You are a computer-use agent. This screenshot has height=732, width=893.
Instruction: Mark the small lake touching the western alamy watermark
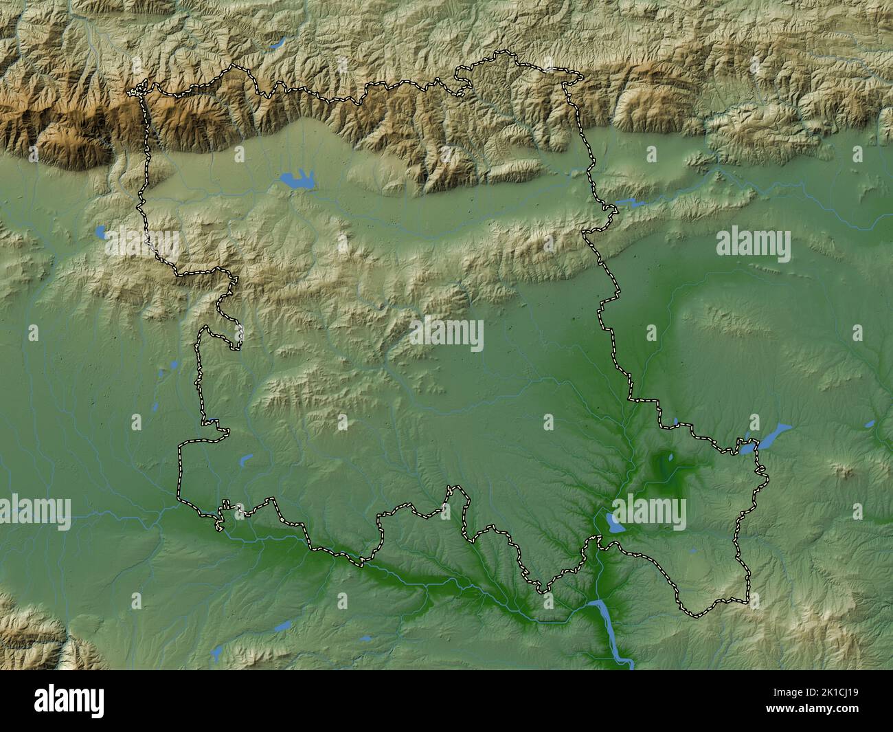click(x=101, y=232)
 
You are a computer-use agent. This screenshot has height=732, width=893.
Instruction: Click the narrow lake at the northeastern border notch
click(x=626, y=203)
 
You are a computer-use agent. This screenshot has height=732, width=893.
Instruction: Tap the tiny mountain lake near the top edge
click(x=278, y=43)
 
